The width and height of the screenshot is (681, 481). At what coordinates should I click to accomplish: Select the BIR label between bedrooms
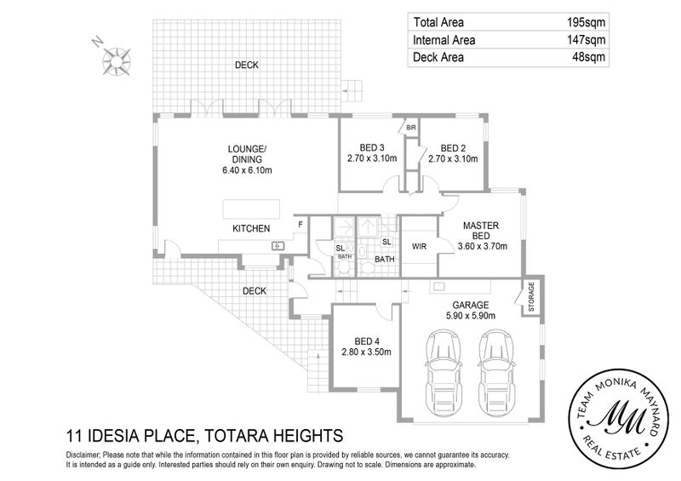410,128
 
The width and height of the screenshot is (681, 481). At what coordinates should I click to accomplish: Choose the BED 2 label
453,146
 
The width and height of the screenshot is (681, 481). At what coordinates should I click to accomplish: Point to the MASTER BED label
481,231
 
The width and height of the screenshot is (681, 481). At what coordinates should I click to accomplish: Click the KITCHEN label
252,229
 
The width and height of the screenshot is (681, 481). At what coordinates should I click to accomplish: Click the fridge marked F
300,226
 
